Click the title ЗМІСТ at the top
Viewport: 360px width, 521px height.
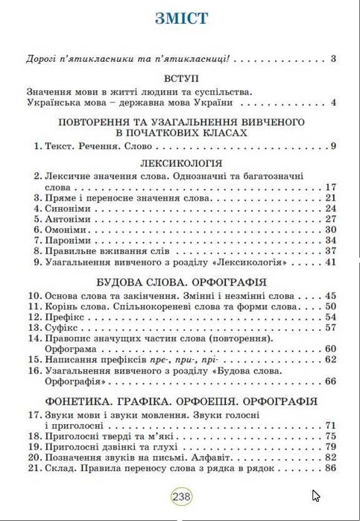181,19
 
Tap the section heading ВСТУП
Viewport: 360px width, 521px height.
181,77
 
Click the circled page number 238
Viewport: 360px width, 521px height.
181,496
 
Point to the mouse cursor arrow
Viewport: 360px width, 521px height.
316,496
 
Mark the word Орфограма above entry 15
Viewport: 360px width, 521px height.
70,349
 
